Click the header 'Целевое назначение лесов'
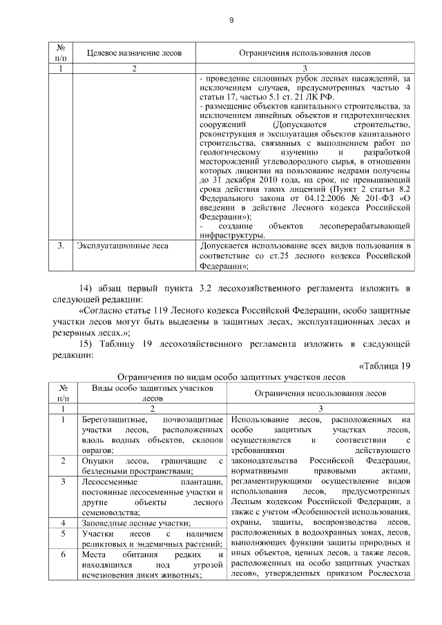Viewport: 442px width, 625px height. (x=135, y=54)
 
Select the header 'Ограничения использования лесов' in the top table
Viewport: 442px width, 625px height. (x=305, y=54)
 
